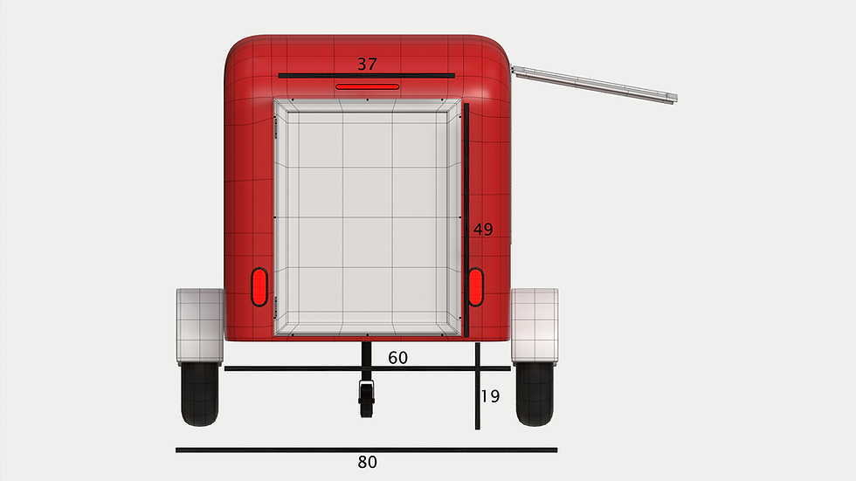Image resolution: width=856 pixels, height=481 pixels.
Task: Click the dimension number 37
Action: pos(367,64)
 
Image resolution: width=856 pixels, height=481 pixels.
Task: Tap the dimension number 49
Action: pos(483,229)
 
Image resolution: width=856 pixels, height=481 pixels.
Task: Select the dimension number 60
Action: pos(397,357)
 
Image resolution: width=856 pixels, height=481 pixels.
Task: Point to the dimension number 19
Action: pos(490,396)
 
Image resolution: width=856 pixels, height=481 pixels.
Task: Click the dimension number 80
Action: pos(367,462)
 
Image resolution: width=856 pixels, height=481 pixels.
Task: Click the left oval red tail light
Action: pos(259,287)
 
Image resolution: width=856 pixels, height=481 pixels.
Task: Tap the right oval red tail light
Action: pos(475,287)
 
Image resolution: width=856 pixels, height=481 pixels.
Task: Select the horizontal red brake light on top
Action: pos(368,86)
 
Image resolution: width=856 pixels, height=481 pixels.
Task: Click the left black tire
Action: pos(200,394)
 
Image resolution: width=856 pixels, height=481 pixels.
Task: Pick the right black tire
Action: pos(535,394)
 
